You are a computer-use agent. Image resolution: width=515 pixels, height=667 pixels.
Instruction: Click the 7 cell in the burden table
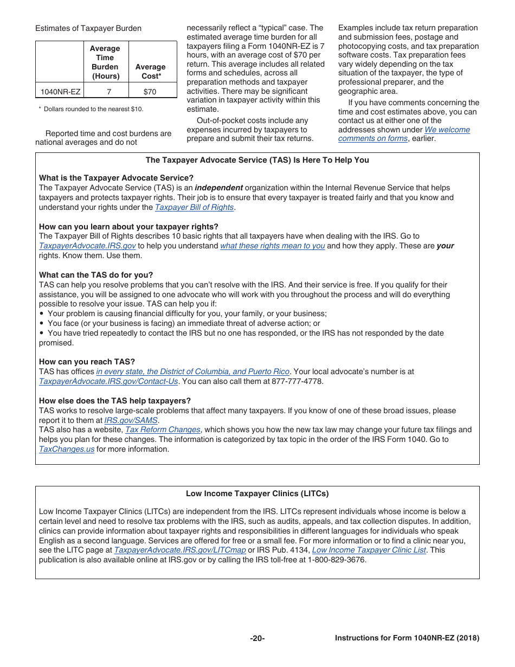(x=109, y=92)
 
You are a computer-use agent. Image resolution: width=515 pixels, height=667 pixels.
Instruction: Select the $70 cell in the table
(x=150, y=92)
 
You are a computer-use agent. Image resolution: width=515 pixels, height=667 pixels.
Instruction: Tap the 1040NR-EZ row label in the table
(x=60, y=92)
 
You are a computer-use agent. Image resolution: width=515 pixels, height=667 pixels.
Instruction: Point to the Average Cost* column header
(x=150, y=71)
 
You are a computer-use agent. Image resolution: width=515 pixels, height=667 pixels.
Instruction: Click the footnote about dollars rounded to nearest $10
(x=91, y=109)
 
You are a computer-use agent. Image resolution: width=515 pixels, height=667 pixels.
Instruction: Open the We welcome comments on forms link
(x=404, y=134)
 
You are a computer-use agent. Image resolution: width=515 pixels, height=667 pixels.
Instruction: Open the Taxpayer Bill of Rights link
(x=194, y=207)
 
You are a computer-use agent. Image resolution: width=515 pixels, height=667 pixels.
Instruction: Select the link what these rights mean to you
(x=272, y=246)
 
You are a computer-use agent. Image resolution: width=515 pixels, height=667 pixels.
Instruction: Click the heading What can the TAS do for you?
(x=96, y=275)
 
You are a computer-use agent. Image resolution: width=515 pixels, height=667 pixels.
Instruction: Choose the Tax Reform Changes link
(x=163, y=429)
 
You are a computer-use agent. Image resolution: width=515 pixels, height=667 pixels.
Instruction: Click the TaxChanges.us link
(x=67, y=449)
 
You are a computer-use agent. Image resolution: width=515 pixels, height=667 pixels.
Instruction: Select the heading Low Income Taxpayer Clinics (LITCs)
(x=257, y=493)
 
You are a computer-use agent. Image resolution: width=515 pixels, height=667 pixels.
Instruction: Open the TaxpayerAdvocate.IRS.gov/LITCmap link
(x=180, y=550)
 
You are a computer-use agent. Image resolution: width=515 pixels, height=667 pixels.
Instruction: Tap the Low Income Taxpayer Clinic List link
(x=369, y=550)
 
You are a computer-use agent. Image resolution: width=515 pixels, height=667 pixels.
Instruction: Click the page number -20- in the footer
(x=257, y=638)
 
